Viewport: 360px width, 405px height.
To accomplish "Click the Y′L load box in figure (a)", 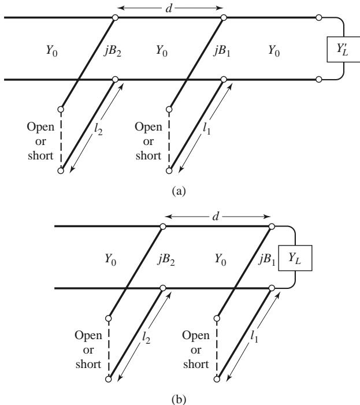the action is (x=343, y=49).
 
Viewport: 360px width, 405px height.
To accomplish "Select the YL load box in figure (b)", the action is (x=295, y=258).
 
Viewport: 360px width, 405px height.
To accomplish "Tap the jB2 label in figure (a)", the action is (x=113, y=51).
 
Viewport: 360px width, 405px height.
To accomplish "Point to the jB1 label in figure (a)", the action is (x=222, y=51).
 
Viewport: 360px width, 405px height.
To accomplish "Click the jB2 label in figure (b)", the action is (x=166, y=260).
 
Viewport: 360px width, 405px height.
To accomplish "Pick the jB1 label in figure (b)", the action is (x=267, y=260).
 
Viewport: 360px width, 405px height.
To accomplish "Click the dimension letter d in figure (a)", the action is (x=168, y=8).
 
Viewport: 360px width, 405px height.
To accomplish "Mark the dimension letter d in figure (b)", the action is (x=216, y=217).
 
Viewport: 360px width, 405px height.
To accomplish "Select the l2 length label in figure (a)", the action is (x=98, y=129).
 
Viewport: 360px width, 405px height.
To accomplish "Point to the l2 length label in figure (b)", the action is (x=146, y=337).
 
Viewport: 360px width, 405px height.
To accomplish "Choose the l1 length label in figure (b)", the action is (x=254, y=337).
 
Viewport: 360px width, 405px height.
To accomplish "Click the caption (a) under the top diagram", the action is (x=179, y=191).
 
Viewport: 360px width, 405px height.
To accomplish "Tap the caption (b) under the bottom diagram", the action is (x=179, y=400).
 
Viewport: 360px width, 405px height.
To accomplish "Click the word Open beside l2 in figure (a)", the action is (x=40, y=127).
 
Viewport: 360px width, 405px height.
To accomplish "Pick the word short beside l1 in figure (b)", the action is (x=196, y=364).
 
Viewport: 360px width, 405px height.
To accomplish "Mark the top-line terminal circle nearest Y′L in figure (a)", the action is (x=319, y=17).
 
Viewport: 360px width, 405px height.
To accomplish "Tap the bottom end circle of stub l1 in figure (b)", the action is (x=217, y=380).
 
